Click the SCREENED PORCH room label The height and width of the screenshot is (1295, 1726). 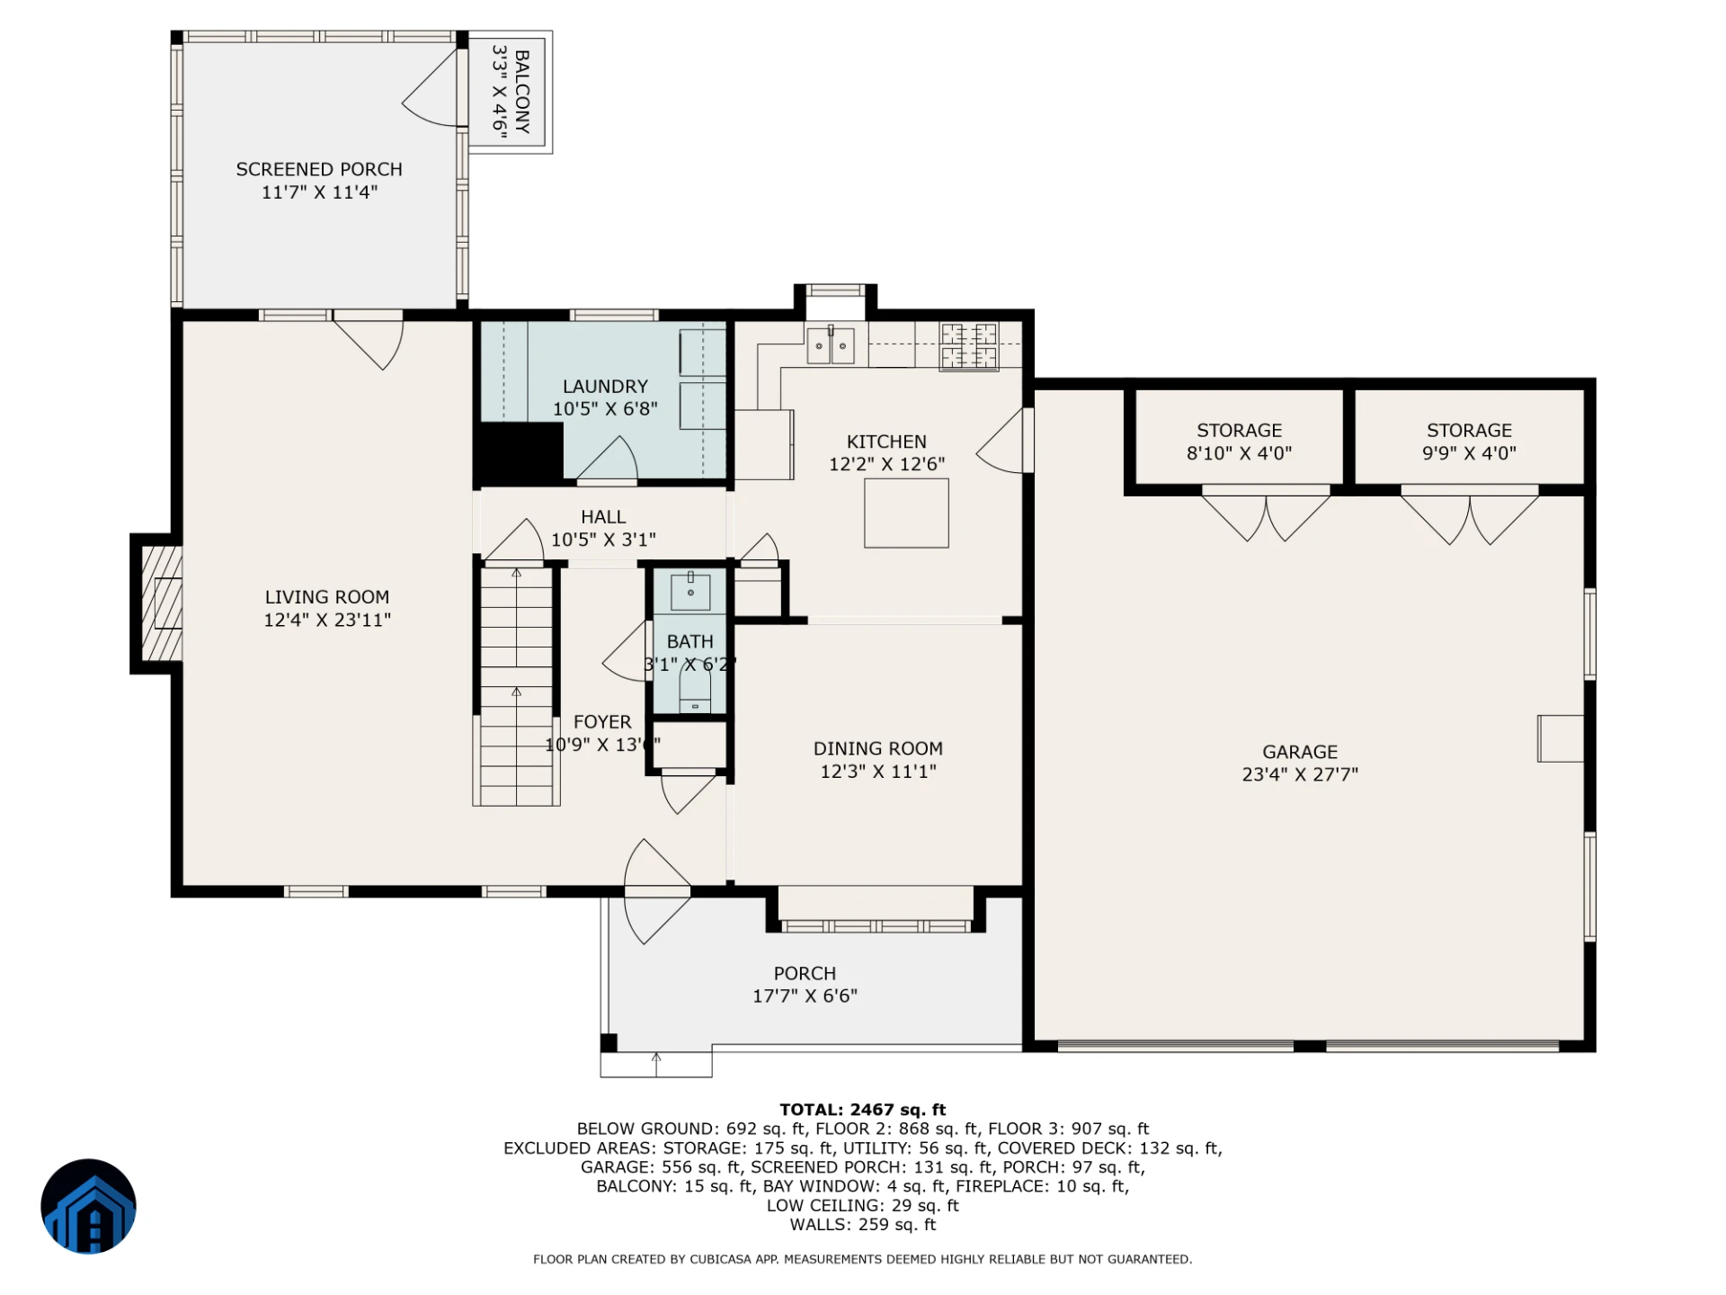tap(319, 169)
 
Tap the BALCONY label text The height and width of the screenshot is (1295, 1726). tap(522, 92)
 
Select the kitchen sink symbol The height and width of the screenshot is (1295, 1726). tap(830, 345)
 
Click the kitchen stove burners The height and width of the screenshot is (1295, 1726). tap(969, 346)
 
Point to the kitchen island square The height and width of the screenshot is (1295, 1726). tap(906, 513)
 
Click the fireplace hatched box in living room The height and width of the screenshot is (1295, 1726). tap(162, 603)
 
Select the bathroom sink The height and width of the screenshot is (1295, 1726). tap(690, 591)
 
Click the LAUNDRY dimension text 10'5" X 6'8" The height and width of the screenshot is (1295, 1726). tap(605, 409)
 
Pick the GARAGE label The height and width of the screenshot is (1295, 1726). tap(1300, 752)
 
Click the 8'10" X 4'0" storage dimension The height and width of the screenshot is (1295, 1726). tap(1239, 453)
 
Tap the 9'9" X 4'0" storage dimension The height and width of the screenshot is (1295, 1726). tap(1469, 453)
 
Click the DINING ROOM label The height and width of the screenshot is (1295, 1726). tap(878, 748)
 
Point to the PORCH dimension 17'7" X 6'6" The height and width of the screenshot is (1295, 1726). tap(805, 996)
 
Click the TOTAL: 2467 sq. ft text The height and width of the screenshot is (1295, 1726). tap(863, 1110)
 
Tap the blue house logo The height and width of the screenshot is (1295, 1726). tap(88, 1206)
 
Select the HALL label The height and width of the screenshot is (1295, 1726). tap(603, 517)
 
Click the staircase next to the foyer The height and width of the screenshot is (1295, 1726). tap(516, 685)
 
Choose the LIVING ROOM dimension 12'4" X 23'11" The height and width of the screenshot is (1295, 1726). tap(327, 620)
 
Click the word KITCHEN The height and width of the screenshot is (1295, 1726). tap(886, 442)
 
